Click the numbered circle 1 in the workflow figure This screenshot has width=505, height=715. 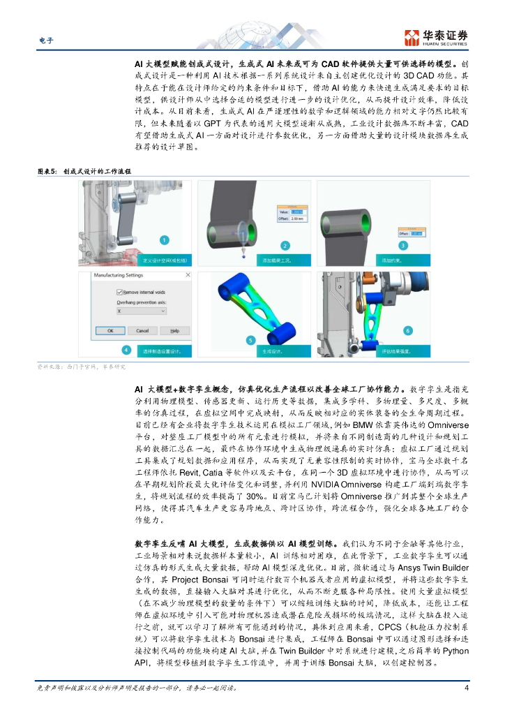point(163,240)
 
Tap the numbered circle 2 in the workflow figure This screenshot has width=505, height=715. point(285,245)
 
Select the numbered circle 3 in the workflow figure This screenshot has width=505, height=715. point(403,245)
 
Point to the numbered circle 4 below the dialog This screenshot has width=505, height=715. point(126,350)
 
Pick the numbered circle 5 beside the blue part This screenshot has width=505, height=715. point(250,340)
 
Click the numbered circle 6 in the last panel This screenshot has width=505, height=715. point(408,330)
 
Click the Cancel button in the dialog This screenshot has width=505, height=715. point(142,330)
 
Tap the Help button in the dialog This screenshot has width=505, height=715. point(174,330)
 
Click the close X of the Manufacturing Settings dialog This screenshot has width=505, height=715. point(187,277)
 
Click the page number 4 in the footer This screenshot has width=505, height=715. point(466,688)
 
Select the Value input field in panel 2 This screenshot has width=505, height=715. point(297,212)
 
